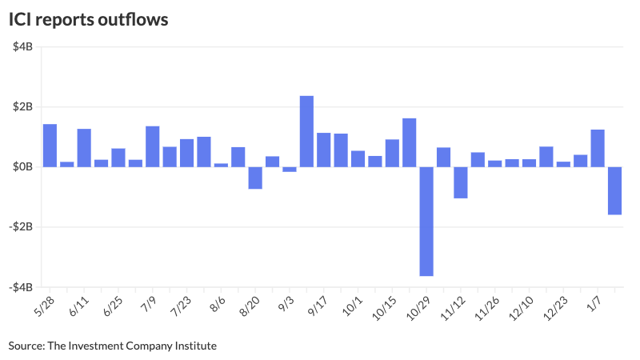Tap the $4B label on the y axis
pos(22,47)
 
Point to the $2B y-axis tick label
pos(22,107)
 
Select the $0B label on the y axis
pos(22,167)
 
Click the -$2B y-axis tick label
pos(20,227)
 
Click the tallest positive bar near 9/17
pos(306,131)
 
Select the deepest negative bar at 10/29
pos(426,221)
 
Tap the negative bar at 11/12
pos(461,182)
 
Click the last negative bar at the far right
pos(614,190)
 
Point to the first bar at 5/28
pos(50,146)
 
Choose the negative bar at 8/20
pos(255,178)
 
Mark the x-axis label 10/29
pos(419,308)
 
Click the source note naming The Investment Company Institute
pos(113,346)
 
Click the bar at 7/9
pos(152,146)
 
